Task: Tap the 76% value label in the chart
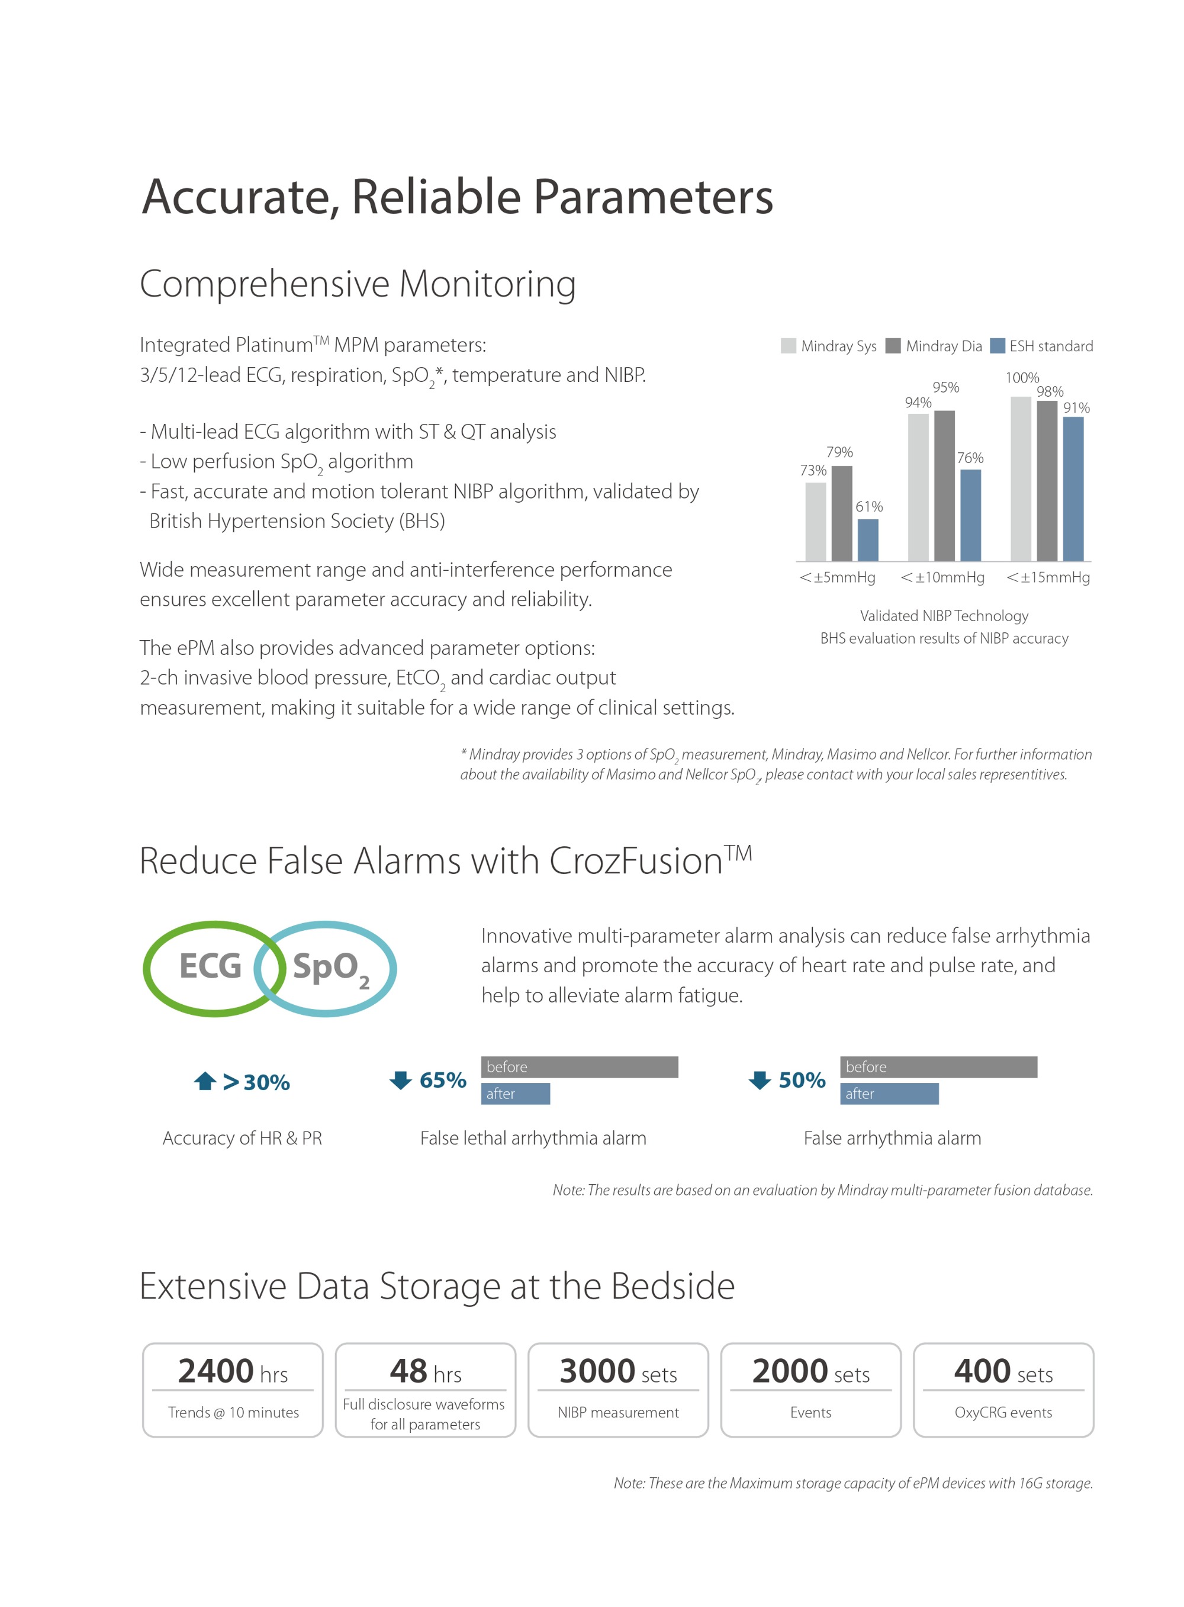pos(970,458)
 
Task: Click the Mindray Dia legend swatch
pos(893,346)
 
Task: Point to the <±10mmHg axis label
pos(942,577)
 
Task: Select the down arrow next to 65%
pos(400,1079)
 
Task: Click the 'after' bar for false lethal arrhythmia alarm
pos(515,1094)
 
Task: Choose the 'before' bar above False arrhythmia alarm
pos(938,1066)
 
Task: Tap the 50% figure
pos(802,1080)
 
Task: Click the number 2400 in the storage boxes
pos(215,1371)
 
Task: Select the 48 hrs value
pos(425,1371)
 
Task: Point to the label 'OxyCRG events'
pos(1003,1413)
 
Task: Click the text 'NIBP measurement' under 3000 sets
pos(618,1413)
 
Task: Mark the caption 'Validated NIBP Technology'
pos(944,616)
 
